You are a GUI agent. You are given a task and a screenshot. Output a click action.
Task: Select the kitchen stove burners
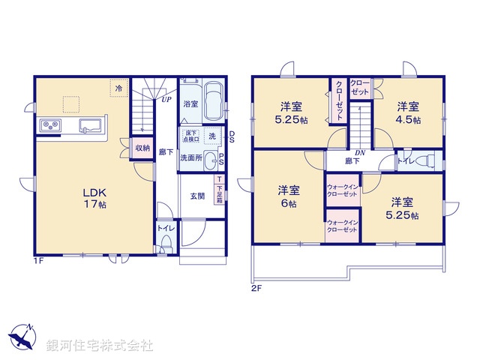pos(48,124)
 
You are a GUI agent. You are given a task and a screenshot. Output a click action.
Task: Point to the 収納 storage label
pos(142,148)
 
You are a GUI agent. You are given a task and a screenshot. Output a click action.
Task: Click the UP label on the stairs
pos(166,98)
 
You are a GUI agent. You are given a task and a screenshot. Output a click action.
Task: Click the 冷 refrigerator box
pos(119,88)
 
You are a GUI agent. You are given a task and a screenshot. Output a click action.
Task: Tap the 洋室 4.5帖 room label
pos(408,112)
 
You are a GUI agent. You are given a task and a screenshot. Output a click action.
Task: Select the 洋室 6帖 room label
pos(288,196)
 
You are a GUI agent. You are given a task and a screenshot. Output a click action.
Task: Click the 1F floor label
pos(36,261)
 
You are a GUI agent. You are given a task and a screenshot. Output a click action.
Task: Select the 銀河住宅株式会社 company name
pos(100,346)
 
